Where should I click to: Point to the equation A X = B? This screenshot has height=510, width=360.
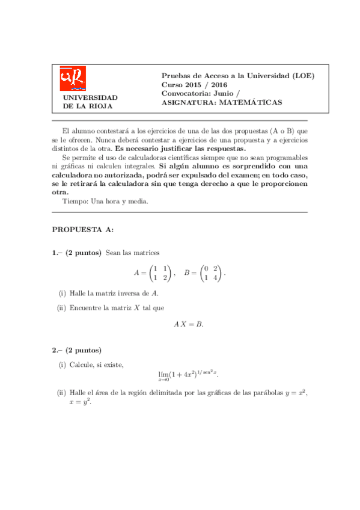[x=189, y=324]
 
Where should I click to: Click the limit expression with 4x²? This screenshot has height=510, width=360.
[x=188, y=376]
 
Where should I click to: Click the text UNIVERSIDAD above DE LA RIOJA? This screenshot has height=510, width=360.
[x=90, y=97]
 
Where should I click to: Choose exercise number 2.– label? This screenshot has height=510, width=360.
[x=58, y=350]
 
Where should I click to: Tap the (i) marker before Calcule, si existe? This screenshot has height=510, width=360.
[x=63, y=364]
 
